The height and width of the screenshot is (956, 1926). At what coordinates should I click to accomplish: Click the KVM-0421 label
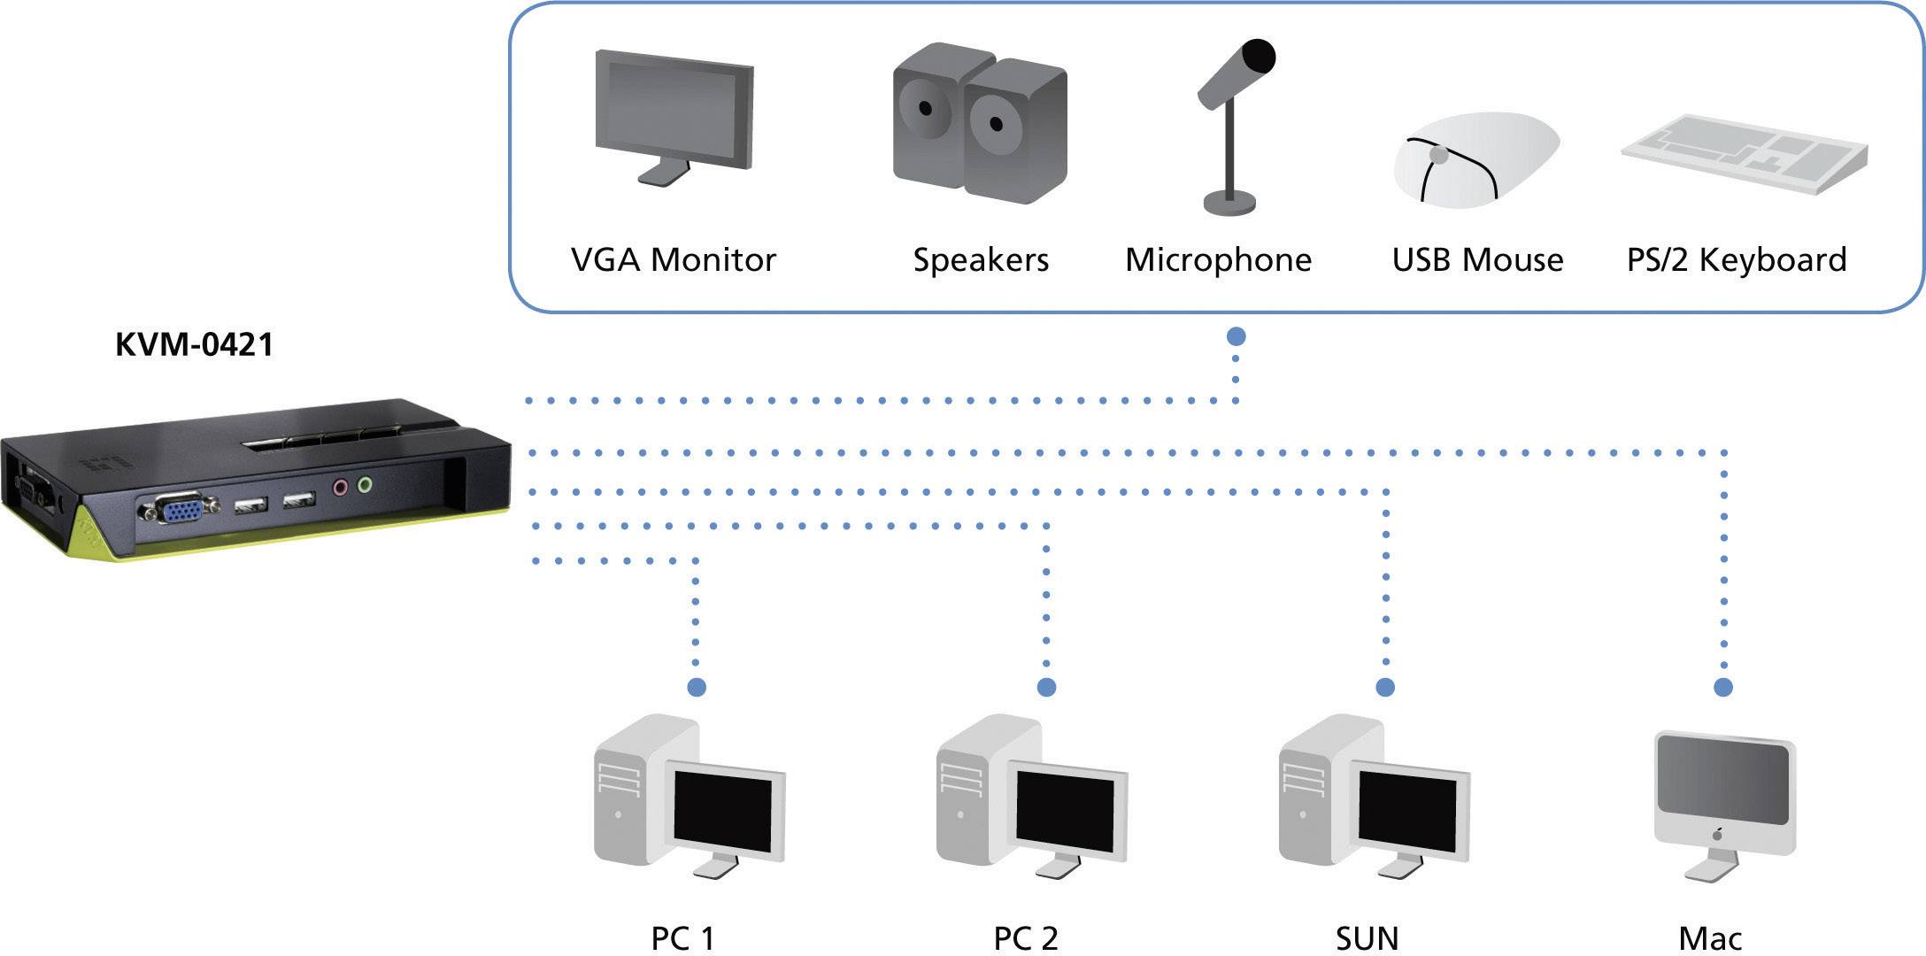pyautogui.click(x=195, y=344)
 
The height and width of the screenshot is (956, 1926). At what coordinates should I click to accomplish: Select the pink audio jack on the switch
pyautogui.click(x=340, y=486)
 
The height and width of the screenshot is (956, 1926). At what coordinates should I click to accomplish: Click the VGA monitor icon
pyautogui.click(x=674, y=115)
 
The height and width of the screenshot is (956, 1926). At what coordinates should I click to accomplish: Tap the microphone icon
pyautogui.click(x=1234, y=124)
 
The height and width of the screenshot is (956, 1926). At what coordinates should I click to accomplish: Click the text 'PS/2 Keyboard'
pyautogui.click(x=1737, y=260)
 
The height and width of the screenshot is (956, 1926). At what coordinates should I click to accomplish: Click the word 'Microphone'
pyautogui.click(x=1218, y=260)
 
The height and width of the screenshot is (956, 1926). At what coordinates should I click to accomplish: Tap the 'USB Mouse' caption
pyautogui.click(x=1477, y=260)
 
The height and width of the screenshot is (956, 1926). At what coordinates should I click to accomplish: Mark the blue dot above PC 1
pyautogui.click(x=697, y=687)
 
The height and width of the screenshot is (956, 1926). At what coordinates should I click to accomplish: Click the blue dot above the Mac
pyautogui.click(x=1723, y=687)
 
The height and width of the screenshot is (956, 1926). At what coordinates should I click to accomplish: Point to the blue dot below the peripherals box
pyautogui.click(x=1236, y=336)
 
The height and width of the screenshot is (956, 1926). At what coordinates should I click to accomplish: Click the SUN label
pyautogui.click(x=1367, y=938)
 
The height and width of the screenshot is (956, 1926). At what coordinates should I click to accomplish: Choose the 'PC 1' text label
pyautogui.click(x=682, y=938)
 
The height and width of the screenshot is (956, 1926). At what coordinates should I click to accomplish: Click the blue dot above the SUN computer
pyautogui.click(x=1386, y=687)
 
